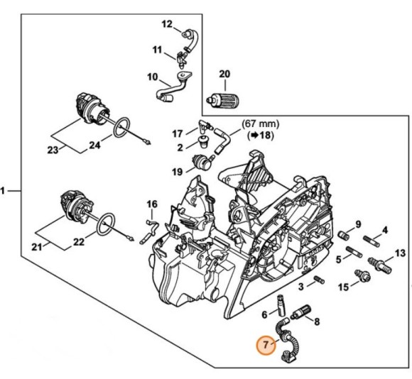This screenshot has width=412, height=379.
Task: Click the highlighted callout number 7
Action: (x=266, y=346)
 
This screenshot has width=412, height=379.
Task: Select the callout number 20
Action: (x=224, y=74)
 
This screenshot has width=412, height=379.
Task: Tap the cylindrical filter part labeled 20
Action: (x=218, y=101)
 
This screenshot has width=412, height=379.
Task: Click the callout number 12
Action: (x=167, y=24)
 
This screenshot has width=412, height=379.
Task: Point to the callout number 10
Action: (x=152, y=77)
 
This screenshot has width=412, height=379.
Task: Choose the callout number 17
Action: (x=178, y=133)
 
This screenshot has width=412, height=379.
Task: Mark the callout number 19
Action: (x=178, y=171)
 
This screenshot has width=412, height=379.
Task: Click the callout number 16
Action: (x=151, y=204)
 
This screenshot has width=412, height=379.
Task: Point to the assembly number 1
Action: (x=5, y=190)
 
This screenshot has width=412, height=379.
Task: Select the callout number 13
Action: (x=400, y=253)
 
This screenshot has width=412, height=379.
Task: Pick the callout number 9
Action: (x=358, y=224)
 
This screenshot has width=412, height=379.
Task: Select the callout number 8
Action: (x=316, y=322)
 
